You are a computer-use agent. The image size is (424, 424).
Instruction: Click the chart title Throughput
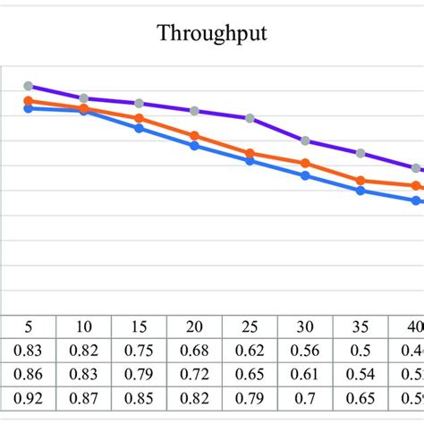[212, 34]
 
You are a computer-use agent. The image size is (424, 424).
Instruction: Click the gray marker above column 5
[28, 86]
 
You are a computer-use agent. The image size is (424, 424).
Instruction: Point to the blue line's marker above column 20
[194, 145]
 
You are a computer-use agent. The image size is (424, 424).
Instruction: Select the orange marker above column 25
[250, 153]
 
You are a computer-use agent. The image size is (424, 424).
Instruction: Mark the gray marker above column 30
[305, 140]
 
